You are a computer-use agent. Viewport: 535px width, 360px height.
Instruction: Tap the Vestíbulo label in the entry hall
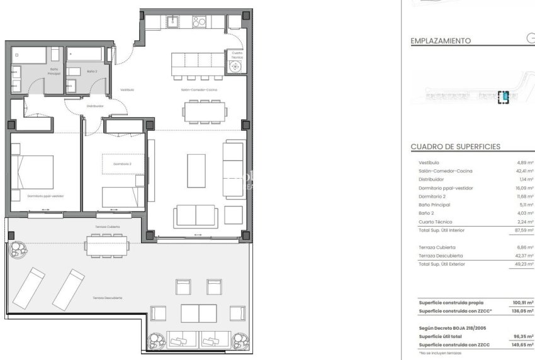(127, 90)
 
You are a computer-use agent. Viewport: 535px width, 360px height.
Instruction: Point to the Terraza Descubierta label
(107, 297)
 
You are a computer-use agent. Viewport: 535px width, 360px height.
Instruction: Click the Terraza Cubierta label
(108, 226)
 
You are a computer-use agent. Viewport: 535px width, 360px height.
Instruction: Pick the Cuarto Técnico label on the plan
(237, 55)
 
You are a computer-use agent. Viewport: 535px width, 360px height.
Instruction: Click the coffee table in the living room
(197, 170)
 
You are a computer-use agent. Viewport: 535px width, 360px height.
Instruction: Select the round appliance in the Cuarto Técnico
(237, 67)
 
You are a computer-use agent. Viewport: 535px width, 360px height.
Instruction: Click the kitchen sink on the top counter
(173, 21)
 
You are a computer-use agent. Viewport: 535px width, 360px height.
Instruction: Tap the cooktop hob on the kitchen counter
(200, 21)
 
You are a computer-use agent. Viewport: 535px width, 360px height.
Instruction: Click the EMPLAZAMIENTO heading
(441, 41)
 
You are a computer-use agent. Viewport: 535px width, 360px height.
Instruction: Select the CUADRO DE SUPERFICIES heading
(455, 147)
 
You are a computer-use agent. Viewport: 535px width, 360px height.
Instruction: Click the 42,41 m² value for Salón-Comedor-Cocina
(525, 171)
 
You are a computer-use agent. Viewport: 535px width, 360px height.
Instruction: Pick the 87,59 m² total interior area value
(524, 230)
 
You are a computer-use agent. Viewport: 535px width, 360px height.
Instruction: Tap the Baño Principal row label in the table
(435, 205)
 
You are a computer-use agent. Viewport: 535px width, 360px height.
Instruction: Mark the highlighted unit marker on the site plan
(503, 97)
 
